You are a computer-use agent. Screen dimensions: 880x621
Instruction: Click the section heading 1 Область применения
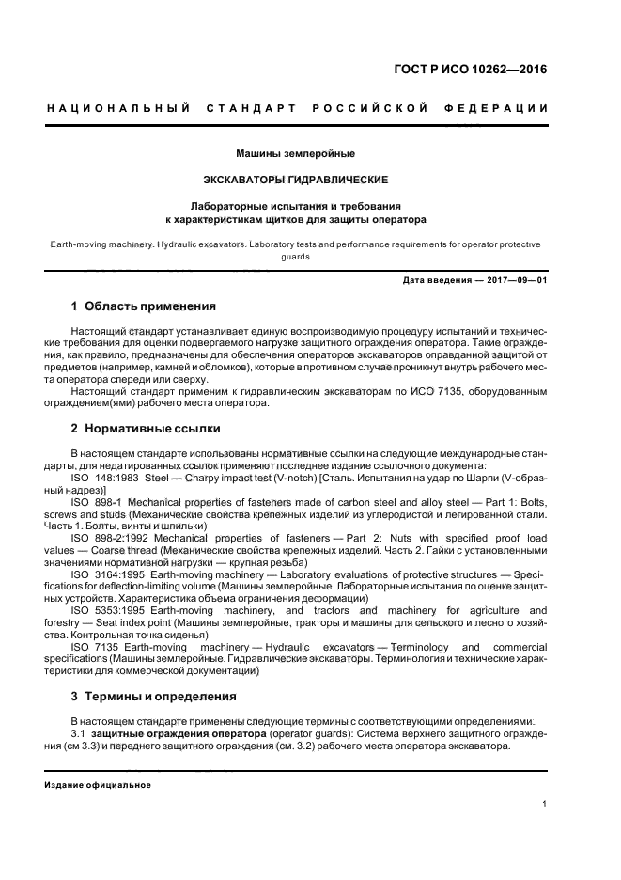144,306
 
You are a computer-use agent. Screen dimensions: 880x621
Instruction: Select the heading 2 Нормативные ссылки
146,429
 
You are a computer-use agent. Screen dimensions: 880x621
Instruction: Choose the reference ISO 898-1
96,502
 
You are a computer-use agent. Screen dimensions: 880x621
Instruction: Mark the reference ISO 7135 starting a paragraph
92,648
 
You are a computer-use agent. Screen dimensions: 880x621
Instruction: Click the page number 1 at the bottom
545,804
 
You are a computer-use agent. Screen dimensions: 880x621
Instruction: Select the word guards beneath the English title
295,256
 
